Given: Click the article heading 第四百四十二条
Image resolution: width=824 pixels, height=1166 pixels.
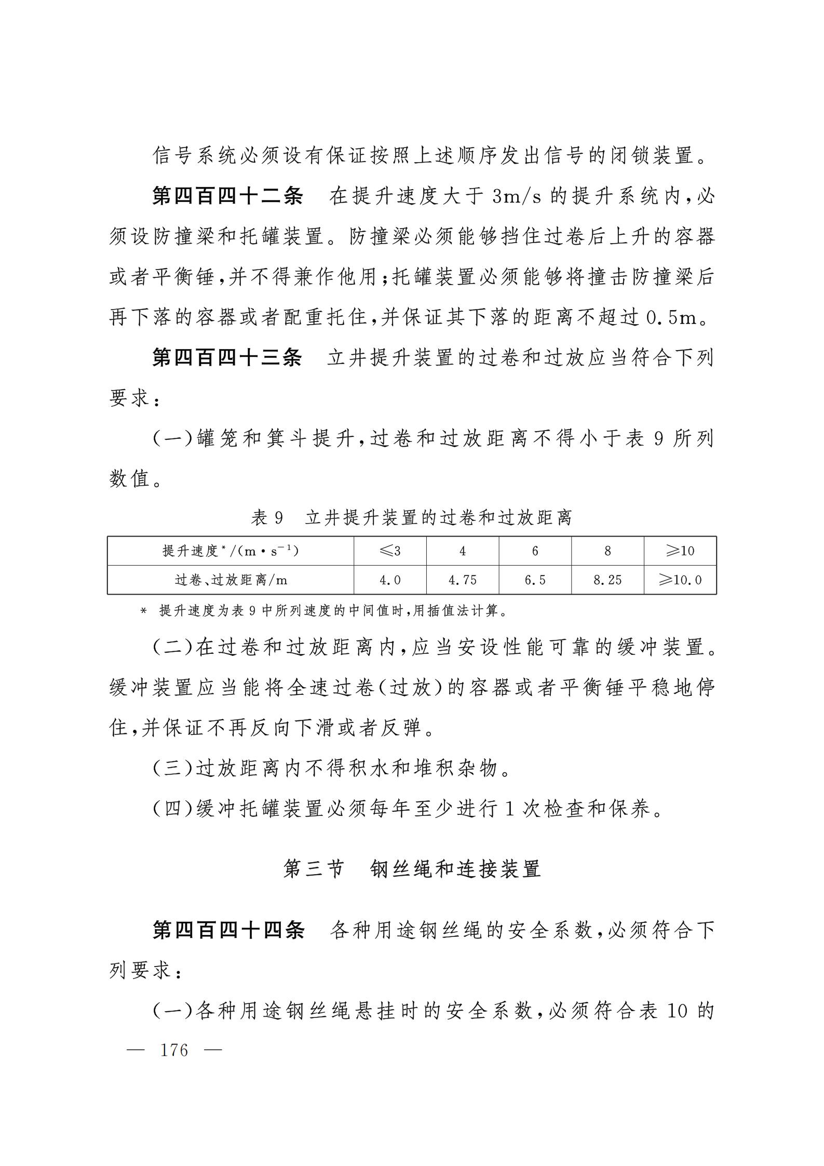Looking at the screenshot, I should coord(227,197).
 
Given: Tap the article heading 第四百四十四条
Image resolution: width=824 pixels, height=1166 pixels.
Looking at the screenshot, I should coord(228,930).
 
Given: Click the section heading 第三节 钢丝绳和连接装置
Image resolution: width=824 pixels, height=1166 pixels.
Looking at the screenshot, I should coord(412,868).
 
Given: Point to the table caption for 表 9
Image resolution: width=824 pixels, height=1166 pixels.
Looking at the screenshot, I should coord(411,517).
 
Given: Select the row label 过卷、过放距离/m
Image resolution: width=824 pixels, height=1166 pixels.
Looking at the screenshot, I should coord(231,580).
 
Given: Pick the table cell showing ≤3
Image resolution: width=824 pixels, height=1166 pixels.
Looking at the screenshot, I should coord(390,551).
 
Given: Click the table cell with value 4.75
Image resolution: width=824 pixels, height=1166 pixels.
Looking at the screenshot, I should coord(462,580).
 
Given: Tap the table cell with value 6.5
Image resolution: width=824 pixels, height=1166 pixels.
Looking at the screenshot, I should coord(535,580).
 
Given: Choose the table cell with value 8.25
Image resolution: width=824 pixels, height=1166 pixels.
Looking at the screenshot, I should coord(607,580).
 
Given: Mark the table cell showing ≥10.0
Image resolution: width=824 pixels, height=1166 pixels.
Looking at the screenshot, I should coord(680,580).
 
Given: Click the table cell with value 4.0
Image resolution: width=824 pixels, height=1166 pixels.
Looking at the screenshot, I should coord(390,580).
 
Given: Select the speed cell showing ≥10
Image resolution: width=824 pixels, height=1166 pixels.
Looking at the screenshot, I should coord(680,551).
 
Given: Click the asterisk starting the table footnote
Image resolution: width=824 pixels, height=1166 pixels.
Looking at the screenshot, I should coord(144,611).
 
